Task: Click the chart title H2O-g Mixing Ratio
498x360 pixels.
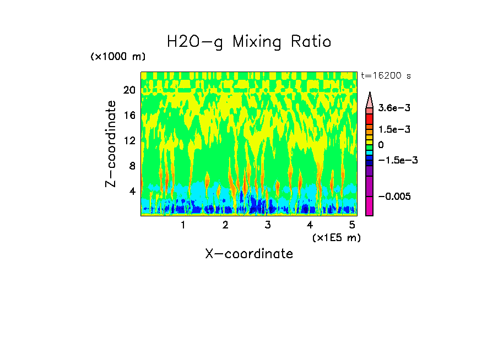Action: (x=249, y=42)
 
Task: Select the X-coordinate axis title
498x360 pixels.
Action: (x=249, y=254)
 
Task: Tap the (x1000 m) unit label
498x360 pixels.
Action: (x=118, y=57)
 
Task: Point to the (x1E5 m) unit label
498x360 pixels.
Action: (x=336, y=237)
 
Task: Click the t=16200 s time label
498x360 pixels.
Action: (x=386, y=75)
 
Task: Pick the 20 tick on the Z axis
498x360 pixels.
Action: (x=128, y=90)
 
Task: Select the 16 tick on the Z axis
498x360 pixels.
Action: (x=128, y=115)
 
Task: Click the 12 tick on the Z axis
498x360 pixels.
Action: (x=128, y=140)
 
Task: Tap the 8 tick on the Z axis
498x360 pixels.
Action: (x=131, y=166)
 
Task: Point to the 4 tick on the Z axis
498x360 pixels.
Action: (x=131, y=191)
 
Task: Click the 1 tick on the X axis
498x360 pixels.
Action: (x=183, y=225)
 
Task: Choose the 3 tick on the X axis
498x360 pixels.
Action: (x=267, y=225)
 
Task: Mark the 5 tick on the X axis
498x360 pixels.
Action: (x=352, y=225)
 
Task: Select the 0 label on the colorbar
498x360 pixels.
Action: (x=381, y=145)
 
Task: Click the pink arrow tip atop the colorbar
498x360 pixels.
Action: (x=370, y=99)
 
